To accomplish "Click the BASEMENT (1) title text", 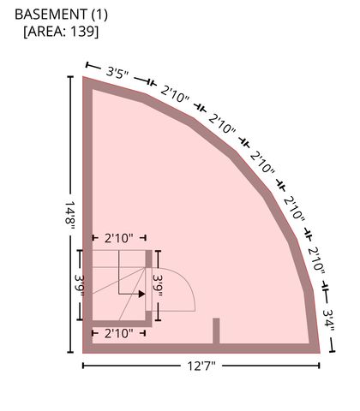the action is (61, 15).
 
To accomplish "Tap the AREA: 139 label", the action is (61, 31).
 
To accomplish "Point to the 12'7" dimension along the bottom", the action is (201, 366).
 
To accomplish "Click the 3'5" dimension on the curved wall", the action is (117, 73).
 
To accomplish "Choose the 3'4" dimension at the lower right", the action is (328, 320).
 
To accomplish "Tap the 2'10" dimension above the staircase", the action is (119, 238).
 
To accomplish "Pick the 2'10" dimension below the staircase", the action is (119, 333).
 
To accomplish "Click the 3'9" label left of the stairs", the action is (80, 285).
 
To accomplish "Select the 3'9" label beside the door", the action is (158, 285).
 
